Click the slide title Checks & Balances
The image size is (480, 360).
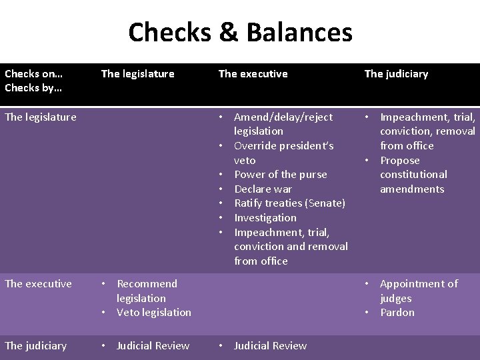[240, 32]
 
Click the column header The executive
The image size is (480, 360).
[253, 74]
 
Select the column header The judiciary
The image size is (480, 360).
[396, 74]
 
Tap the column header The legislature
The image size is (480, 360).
[137, 74]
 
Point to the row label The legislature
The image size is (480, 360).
[40, 117]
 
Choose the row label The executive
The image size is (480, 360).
[38, 284]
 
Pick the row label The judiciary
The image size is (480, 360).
[35, 346]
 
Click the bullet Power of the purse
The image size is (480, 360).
[280, 175]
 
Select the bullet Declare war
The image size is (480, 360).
[263, 189]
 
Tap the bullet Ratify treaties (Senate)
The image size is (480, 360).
[289, 203]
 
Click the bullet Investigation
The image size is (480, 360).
[265, 218]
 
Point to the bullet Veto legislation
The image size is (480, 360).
[153, 313]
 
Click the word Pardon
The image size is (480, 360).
[397, 313]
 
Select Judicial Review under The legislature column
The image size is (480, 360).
[153, 346]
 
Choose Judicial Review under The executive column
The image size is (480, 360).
[270, 346]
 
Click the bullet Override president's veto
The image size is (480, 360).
[283, 153]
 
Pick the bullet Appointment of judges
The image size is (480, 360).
[418, 291]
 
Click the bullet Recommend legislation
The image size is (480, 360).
[147, 291]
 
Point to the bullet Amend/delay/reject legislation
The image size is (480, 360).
[283, 124]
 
